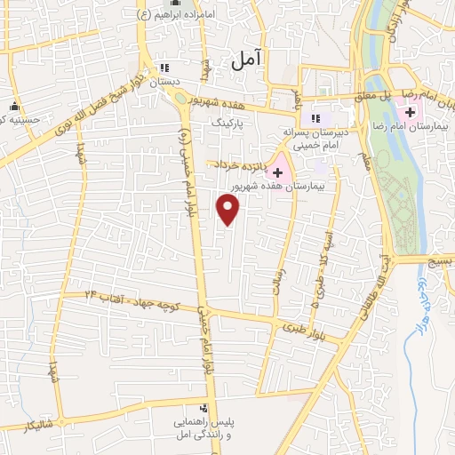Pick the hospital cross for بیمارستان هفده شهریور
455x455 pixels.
click(278, 172)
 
